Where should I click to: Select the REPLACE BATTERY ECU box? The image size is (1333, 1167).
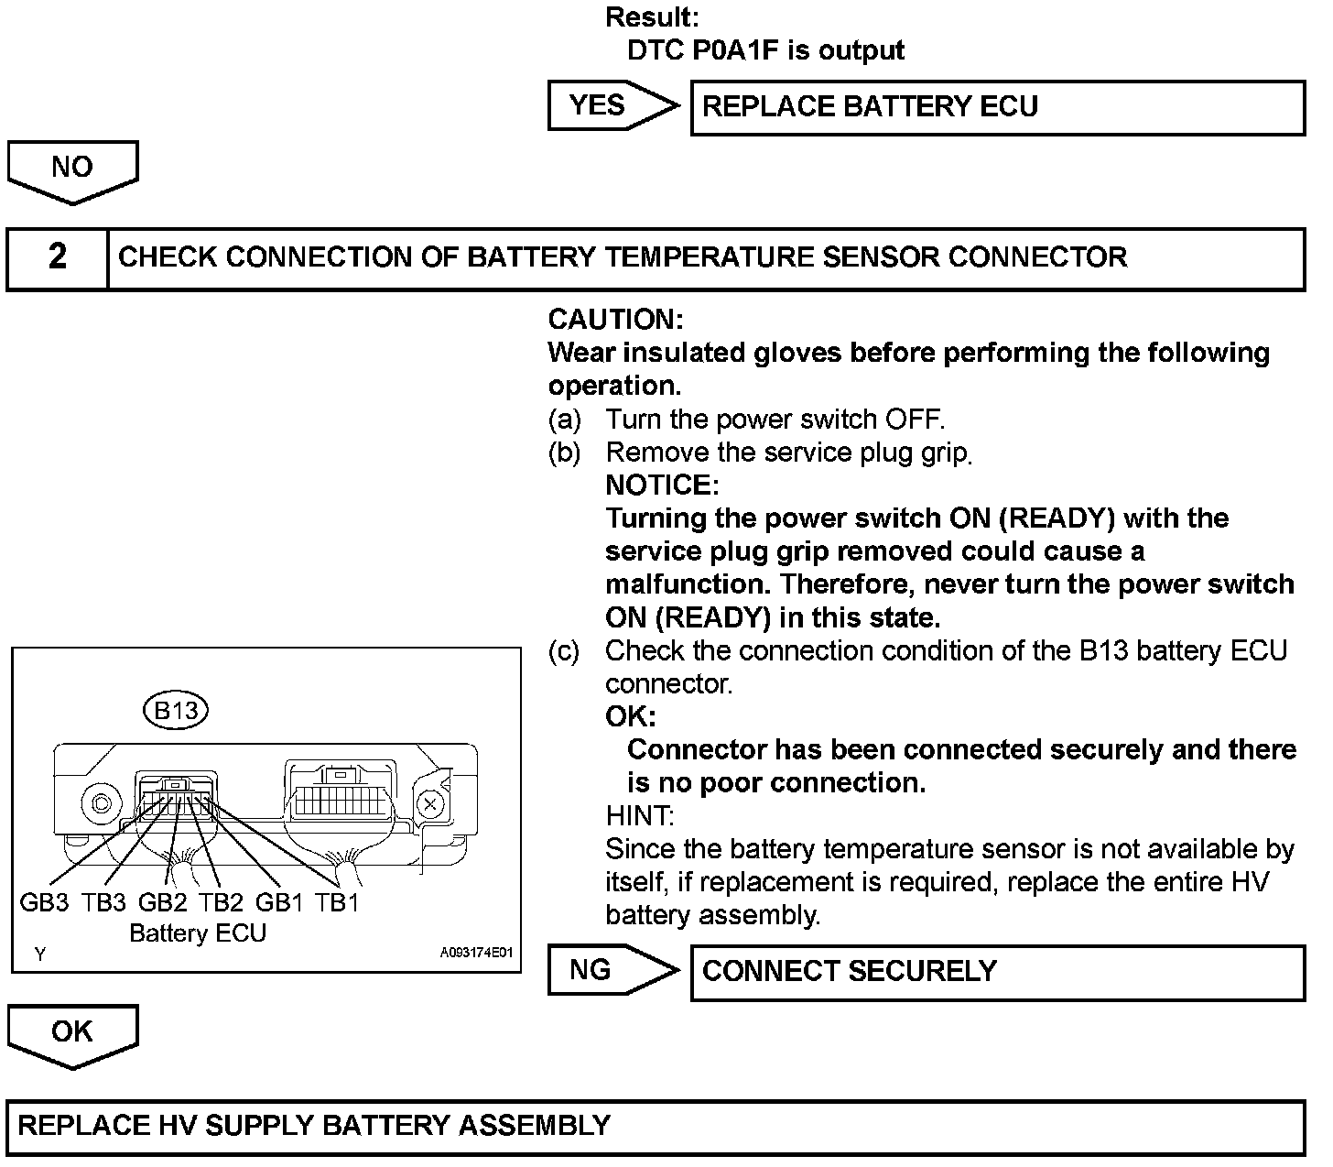[x=997, y=107]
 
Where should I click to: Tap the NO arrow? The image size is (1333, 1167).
[x=72, y=170]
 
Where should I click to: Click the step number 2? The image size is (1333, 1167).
[x=58, y=257]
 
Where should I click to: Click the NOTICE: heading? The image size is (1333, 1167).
[x=662, y=485]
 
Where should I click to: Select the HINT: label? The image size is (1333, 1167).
[x=640, y=815]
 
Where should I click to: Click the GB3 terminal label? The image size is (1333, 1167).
[x=44, y=902]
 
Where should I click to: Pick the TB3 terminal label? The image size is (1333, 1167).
[x=103, y=902]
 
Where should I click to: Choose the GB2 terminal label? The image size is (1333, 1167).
[x=162, y=902]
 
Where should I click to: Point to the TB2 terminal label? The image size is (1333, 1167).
[x=221, y=902]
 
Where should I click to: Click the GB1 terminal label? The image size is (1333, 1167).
[x=279, y=902]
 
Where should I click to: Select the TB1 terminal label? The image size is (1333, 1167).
[x=337, y=902]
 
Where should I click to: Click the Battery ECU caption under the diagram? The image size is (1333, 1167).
[x=198, y=933]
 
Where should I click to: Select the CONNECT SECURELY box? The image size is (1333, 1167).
[x=997, y=972]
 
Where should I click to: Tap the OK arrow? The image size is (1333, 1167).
[x=72, y=1035]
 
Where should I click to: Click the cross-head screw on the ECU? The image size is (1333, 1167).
[x=429, y=805]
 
